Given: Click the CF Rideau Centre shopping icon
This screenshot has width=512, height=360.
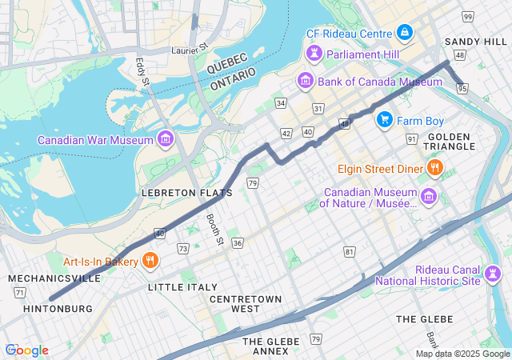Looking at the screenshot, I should tap(405, 33).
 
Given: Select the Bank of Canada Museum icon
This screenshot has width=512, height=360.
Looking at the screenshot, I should tap(305, 81).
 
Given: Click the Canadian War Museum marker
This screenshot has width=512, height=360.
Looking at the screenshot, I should tap(166, 140).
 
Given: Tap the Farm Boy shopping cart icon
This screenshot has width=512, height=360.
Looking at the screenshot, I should tap(385, 120).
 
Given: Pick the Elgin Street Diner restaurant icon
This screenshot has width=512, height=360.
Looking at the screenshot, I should tap(434, 168).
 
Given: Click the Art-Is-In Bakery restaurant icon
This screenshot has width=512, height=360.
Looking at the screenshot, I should tap(150, 260).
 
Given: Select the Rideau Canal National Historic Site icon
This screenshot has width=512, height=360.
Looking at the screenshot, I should tap(493, 274).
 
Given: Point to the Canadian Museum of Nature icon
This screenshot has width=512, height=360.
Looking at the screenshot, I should tap(429, 196).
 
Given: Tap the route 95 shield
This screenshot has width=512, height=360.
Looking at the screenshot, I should tap(462, 89).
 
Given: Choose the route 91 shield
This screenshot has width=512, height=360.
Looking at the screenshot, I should tap(412, 139).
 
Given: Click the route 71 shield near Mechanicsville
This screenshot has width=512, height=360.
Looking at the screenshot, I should tap(19, 293).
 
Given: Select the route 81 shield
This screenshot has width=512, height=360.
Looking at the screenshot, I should tap(349, 252).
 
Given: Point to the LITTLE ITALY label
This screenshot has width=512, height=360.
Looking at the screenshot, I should tap(182, 286).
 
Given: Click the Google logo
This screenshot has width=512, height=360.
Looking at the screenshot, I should tap(26, 350).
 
